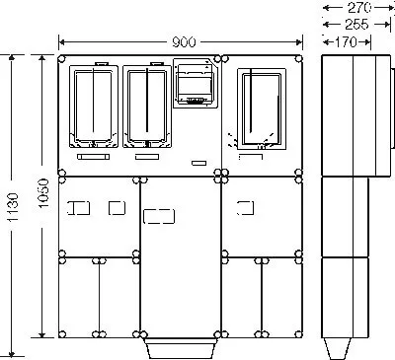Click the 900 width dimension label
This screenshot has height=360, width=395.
pyautogui.click(x=184, y=42)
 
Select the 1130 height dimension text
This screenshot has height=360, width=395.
pyautogui.click(x=13, y=207)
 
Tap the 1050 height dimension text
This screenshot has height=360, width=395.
pyautogui.click(x=43, y=193)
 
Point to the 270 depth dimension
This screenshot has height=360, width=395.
pyautogui.click(x=359, y=8)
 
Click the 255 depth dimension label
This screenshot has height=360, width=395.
pyautogui.click(x=356, y=25)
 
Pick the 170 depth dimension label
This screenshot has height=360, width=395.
pyautogui.click(x=346, y=42)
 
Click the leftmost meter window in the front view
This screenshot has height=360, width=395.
pyautogui.click(x=94, y=107)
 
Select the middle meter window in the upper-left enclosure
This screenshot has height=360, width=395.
pyautogui.click(x=147, y=107)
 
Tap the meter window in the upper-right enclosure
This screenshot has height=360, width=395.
pyautogui.click(x=262, y=108)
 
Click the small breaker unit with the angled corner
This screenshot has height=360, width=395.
pyautogui.click(x=196, y=83)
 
